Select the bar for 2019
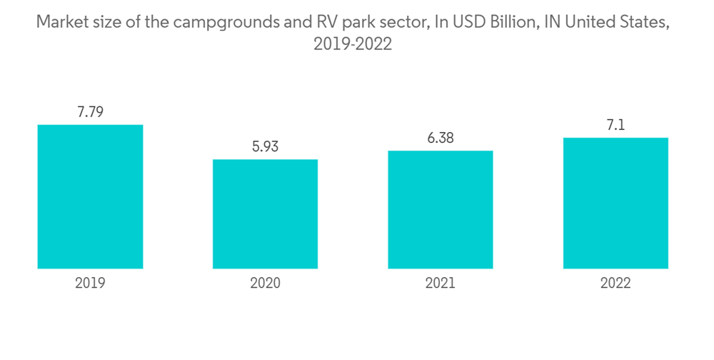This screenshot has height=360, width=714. pyautogui.click(x=90, y=196)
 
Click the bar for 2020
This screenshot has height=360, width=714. pyautogui.click(x=265, y=214)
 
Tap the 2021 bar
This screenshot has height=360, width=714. pyautogui.click(x=441, y=209)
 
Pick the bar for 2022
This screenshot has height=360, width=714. pyautogui.click(x=615, y=203)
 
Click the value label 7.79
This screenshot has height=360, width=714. pyautogui.click(x=90, y=112)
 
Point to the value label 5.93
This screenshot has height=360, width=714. pyautogui.click(x=265, y=146)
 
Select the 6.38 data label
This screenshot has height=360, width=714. pyautogui.click(x=441, y=138)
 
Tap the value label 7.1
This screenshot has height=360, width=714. pyautogui.click(x=615, y=125)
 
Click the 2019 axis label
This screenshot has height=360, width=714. pyautogui.click(x=90, y=283)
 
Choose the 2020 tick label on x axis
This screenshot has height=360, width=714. pyautogui.click(x=265, y=283)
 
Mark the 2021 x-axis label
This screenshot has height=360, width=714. pyautogui.click(x=441, y=283)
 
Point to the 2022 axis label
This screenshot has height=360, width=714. pyautogui.click(x=615, y=283)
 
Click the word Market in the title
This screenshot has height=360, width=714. pyautogui.click(x=62, y=22)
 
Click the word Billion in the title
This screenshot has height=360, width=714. pyautogui.click(x=507, y=22)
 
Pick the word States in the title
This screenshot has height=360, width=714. pyautogui.click(x=645, y=22)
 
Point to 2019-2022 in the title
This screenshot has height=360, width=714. pyautogui.click(x=353, y=44)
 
